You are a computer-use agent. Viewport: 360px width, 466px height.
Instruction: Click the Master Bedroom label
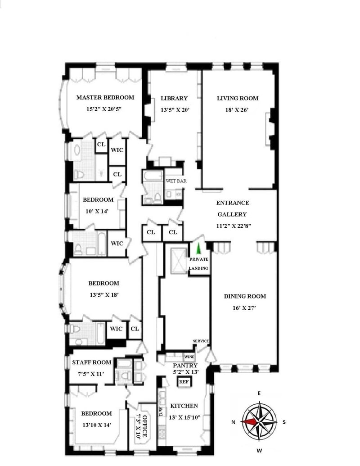point(105,98)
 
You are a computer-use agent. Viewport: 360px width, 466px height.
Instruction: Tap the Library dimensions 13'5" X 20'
point(175,110)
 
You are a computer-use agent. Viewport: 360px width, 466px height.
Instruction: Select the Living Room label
point(238,98)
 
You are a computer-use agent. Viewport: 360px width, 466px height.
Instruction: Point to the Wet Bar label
point(176,181)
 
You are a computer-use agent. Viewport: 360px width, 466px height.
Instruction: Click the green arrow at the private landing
point(198,248)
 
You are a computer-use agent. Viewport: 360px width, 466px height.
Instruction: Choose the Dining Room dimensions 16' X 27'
point(244,308)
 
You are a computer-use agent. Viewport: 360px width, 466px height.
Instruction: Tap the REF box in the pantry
point(184,382)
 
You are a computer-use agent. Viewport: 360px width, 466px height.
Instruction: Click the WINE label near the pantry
point(189,357)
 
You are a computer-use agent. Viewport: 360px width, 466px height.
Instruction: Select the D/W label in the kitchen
point(161,412)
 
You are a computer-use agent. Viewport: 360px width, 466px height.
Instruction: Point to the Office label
point(144,426)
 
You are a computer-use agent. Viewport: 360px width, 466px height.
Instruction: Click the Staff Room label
point(92,362)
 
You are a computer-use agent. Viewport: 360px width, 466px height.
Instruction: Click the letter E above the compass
point(259,393)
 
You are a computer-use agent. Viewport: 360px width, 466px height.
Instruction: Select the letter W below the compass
point(259,451)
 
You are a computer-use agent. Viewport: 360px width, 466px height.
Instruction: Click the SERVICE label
point(201,341)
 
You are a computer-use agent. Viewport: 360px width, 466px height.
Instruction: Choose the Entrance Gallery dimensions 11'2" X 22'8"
point(234,226)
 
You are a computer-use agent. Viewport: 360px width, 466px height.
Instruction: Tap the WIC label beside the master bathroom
point(117,150)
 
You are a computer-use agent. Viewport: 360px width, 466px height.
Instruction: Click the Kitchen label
point(184,406)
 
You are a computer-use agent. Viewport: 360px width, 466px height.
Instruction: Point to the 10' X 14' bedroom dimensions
point(97,211)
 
